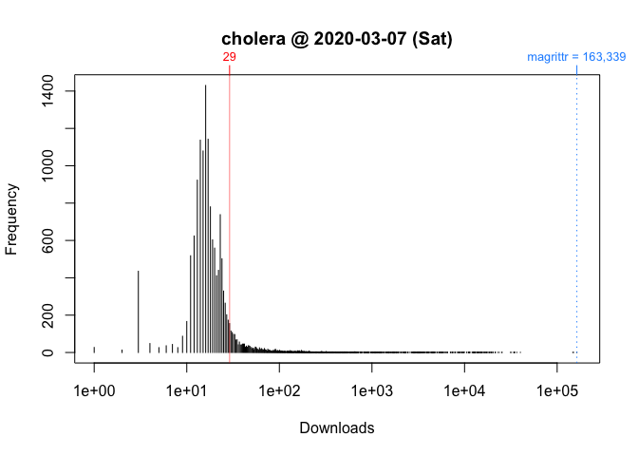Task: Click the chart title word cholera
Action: (253, 40)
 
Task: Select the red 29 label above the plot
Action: (230, 58)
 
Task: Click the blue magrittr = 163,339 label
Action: (576, 58)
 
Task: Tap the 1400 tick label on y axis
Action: (59, 91)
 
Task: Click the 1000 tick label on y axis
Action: (59, 165)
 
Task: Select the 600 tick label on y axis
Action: (59, 240)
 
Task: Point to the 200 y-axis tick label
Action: (59, 314)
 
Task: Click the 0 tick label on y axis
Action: (59, 352)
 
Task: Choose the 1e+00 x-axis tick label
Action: (93, 391)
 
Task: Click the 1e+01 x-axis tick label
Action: (186, 391)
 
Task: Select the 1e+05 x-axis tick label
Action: (557, 391)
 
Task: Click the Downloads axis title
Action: (337, 428)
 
